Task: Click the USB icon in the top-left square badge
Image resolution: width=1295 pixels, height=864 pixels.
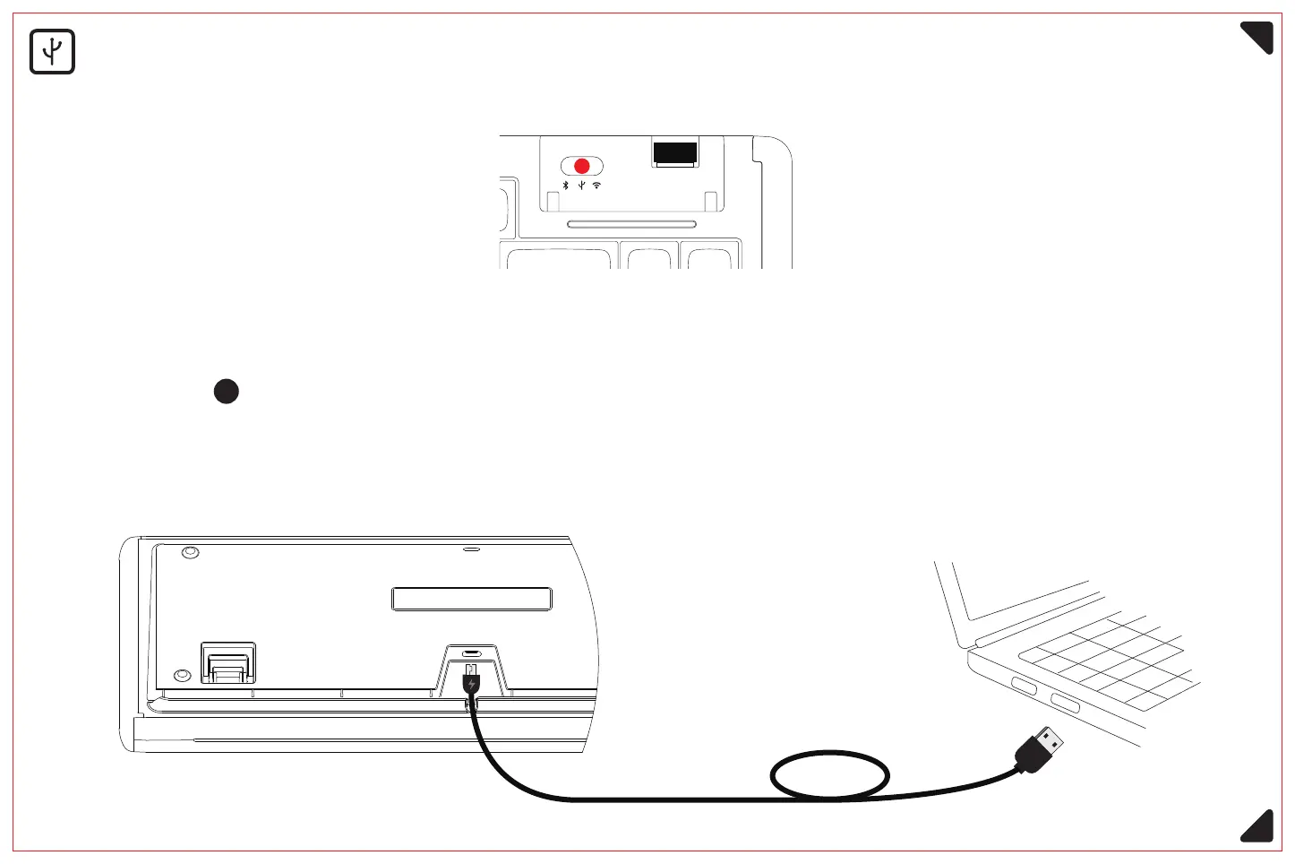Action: [52, 52]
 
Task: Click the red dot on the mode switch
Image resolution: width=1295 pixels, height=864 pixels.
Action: [582, 166]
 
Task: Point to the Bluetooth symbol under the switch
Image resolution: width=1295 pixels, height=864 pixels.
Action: [565, 186]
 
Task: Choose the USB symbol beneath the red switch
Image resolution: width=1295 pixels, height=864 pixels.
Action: [582, 186]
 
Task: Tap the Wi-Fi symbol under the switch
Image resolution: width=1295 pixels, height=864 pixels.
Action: [597, 186]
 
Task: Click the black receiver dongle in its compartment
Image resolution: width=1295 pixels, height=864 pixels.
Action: [675, 152]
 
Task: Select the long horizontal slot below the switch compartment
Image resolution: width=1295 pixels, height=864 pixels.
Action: [632, 222]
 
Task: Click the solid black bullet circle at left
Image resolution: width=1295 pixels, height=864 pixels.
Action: [227, 392]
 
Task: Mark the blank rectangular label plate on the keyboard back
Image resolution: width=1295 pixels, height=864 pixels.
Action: [472, 599]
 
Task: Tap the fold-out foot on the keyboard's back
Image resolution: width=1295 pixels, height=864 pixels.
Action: [228, 663]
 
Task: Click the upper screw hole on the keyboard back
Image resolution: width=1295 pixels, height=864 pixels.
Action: [189, 552]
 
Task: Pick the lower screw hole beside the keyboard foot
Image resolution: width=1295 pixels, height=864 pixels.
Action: [182, 674]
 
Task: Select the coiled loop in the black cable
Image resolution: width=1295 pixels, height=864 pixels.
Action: [830, 774]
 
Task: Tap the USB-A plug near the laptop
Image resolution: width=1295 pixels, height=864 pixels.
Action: [1044, 747]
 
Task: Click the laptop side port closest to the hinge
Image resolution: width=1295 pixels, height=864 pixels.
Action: [1025, 687]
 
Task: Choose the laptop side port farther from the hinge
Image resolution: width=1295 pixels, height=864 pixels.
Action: [1065, 703]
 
